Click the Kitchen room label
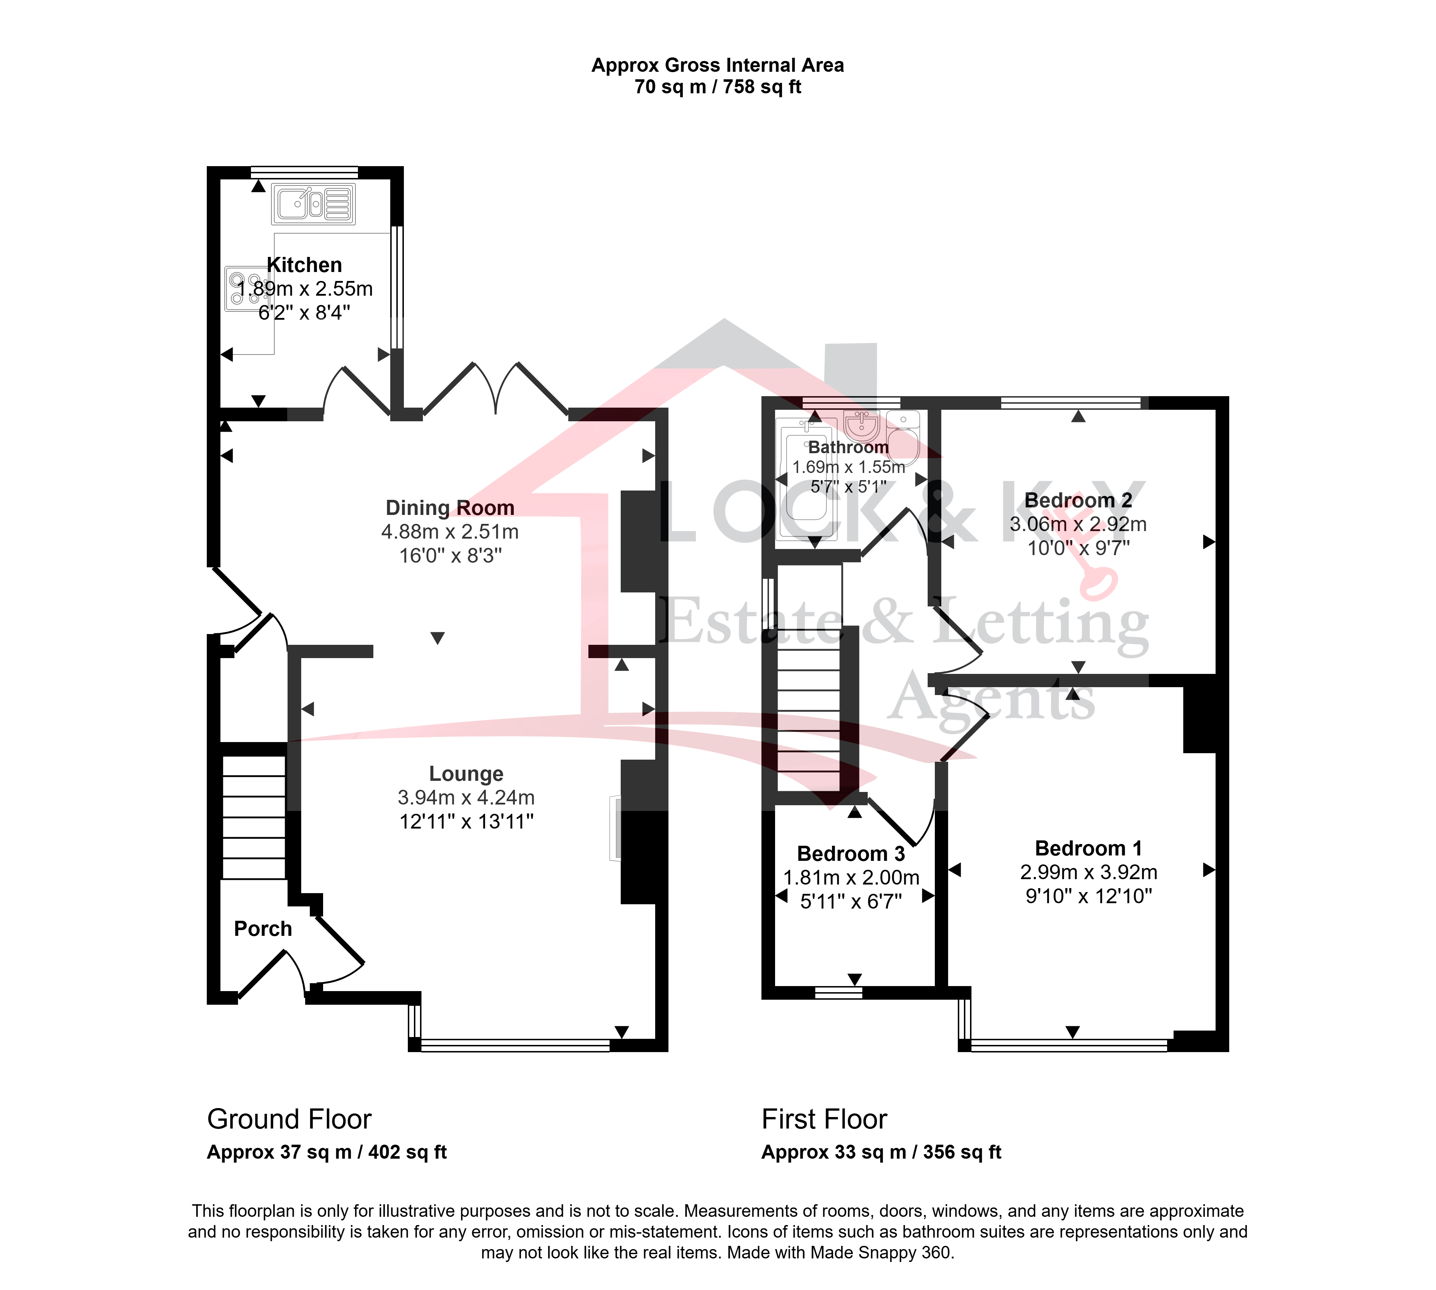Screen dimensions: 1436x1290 [304, 265]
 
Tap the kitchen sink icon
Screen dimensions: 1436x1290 [313, 204]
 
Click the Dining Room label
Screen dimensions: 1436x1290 [449, 508]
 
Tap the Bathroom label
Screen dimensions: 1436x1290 [848, 447]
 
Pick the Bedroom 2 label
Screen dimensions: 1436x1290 [1078, 501]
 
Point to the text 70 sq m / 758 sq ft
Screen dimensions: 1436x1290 [718, 87]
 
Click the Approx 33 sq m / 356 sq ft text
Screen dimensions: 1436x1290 [881, 1153]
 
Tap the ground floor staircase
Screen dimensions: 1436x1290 [254, 817]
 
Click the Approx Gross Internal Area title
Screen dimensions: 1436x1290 [718, 65]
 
